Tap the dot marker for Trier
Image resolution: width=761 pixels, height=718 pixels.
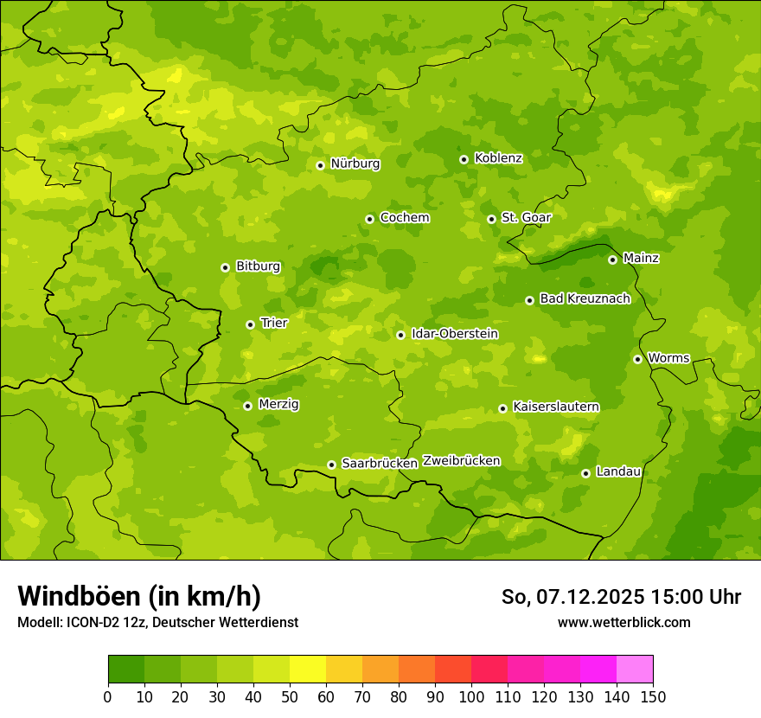[250, 324]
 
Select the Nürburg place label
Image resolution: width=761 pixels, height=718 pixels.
[355, 163]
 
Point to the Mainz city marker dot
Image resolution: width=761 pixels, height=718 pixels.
[612, 260]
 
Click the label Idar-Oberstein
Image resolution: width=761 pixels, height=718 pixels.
[455, 334]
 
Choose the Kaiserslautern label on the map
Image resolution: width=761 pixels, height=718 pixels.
[556, 407]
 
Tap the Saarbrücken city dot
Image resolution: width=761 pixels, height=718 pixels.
[331, 465]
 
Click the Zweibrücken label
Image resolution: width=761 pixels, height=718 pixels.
[461, 461]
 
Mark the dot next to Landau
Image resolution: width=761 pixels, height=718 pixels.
[585, 473]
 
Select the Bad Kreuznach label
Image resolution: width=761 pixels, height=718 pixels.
[585, 298]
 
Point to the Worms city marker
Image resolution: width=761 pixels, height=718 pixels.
[637, 359]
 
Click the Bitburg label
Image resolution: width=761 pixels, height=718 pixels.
[258, 266]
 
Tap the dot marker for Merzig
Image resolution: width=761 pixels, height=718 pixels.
[247, 406]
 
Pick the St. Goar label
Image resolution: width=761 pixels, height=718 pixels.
[526, 218]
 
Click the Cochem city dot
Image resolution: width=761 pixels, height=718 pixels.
[369, 219]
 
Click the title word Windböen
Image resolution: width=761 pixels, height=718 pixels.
[78, 596]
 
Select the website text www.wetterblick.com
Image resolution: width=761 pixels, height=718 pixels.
[624, 623]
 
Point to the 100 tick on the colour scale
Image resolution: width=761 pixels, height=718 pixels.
[471, 696]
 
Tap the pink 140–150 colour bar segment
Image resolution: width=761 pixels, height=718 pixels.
[635, 670]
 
